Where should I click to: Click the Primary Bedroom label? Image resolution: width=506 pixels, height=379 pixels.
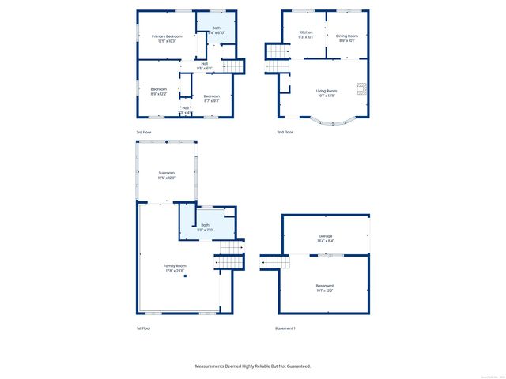[167, 37]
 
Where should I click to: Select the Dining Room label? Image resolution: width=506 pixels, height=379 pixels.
[347, 36]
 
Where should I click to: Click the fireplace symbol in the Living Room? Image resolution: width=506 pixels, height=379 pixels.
[360, 89]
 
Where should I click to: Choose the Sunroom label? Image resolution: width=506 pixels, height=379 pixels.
[166, 173]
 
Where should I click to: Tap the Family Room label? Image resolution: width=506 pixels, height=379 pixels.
[175, 266]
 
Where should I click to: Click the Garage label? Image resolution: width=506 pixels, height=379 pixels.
[326, 236]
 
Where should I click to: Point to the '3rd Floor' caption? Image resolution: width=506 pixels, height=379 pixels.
[143, 132]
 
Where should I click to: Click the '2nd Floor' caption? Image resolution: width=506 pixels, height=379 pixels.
[285, 132]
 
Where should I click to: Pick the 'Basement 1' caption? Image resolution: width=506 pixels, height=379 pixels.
[285, 328]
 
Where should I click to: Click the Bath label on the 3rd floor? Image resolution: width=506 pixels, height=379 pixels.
[205, 29]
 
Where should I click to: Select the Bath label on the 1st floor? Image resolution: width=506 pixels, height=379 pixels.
[205, 226]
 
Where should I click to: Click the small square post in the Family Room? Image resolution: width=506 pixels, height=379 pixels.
[185, 276]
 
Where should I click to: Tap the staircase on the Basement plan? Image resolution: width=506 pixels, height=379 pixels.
[270, 261]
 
